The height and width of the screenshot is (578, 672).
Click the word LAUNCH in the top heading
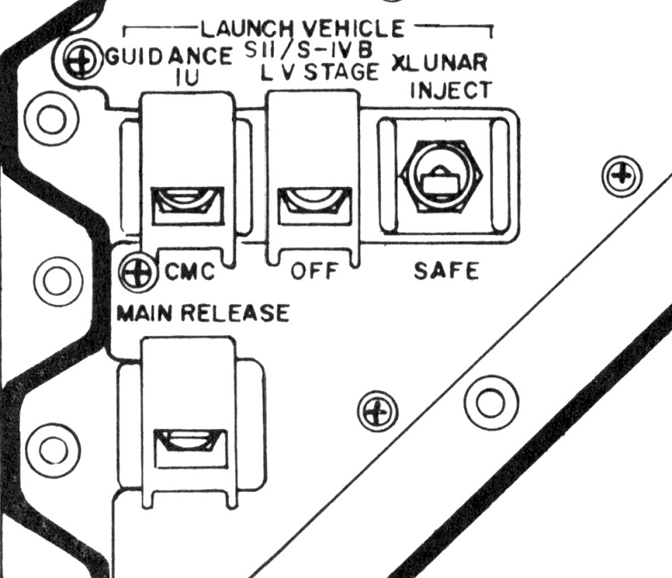[245, 28]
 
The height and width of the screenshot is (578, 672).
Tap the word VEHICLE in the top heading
[356, 28]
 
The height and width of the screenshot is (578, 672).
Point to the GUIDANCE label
[170, 59]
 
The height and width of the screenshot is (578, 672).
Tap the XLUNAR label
[440, 63]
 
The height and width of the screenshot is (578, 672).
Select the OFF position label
[311, 273]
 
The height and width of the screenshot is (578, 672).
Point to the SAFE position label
[445, 271]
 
